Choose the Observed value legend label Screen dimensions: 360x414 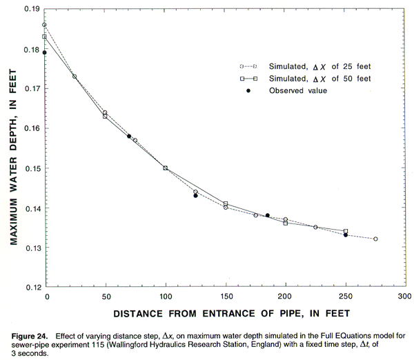pos(297,90)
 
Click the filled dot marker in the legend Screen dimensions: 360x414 pos(247,90)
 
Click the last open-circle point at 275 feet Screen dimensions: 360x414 pos(375,239)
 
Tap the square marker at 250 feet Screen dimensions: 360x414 pos(346,231)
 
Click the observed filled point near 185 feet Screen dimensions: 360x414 pos(268,215)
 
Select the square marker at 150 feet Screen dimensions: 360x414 pos(226,203)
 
